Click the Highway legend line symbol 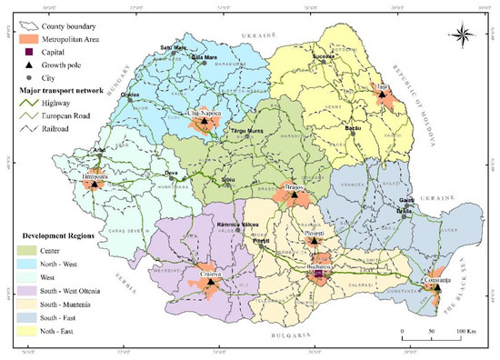click(25, 104)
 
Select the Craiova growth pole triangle click(209, 282)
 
